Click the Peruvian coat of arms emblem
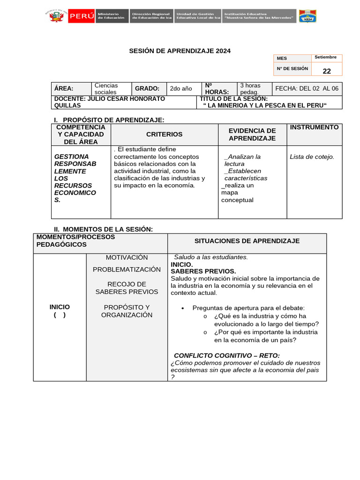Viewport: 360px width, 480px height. tap(56, 16)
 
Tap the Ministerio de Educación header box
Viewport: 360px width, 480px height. tap(112, 16)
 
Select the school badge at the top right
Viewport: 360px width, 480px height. tap(307, 16)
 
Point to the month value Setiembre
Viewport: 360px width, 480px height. tap(326, 57)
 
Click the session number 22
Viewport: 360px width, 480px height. tap(327, 71)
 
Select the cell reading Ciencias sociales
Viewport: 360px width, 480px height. tap(106, 89)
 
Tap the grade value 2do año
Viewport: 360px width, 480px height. tap(181, 89)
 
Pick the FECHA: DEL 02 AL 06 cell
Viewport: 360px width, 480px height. tap(307, 89)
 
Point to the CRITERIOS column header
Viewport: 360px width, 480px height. tap(164, 135)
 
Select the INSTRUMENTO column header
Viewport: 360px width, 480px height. tap(314, 127)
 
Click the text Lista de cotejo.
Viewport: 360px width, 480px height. tap(312, 157)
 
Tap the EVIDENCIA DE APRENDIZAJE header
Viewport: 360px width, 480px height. tap(252, 135)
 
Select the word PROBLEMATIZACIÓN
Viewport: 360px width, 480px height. tap(127, 270)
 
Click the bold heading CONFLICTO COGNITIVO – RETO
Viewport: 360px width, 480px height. tap(227, 355)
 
